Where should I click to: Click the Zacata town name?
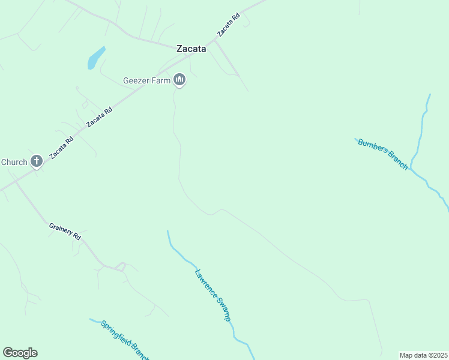tap(191, 49)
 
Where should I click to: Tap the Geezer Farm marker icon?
tap(179, 79)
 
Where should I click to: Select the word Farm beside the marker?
tap(160, 81)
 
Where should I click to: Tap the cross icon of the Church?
tap(36, 161)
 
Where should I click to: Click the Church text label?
tap(14, 162)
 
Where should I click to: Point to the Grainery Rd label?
tap(65, 232)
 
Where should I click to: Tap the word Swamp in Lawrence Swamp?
tap(223, 310)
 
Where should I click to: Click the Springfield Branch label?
tap(124, 340)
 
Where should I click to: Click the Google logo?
tap(20, 353)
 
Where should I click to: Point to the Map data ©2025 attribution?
tap(423, 355)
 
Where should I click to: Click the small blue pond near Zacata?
tap(95, 59)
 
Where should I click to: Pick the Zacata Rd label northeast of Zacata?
tap(229, 25)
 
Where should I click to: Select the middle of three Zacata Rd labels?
tap(100, 117)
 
